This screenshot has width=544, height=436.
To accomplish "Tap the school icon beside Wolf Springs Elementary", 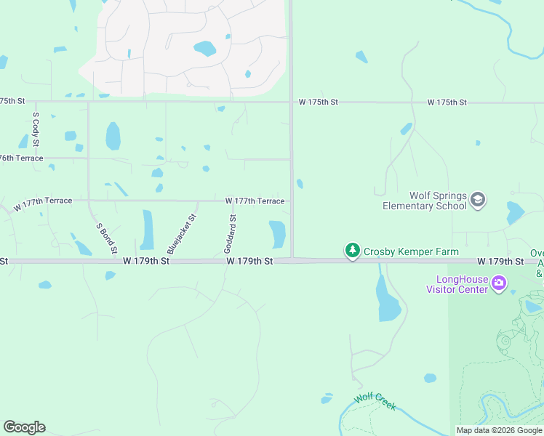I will pos(478,200).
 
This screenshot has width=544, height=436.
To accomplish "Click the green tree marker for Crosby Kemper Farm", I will pos(353,251).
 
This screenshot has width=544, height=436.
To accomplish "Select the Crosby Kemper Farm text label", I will pos(411,251).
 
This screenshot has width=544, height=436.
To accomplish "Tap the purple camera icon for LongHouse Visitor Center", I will pos(499,283).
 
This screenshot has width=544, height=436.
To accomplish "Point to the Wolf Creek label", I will pos(375,402).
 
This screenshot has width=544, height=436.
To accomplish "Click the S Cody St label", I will pos(35,130).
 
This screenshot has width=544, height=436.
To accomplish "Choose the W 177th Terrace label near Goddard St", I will pos(255,201).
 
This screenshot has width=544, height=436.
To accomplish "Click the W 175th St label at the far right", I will pos(447,102).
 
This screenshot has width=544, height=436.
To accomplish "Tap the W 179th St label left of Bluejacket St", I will pos(146,260).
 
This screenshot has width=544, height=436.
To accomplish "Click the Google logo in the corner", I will pos(24,427).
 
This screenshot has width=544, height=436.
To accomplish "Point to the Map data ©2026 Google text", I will pos(499,430).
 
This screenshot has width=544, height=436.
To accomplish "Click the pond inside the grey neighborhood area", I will pos(204,49).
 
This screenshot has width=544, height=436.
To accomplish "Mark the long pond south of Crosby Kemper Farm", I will pos(388,299).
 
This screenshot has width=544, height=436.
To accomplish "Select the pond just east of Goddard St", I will pos(277,234).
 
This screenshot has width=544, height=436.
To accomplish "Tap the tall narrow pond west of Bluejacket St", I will pos(148,230).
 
